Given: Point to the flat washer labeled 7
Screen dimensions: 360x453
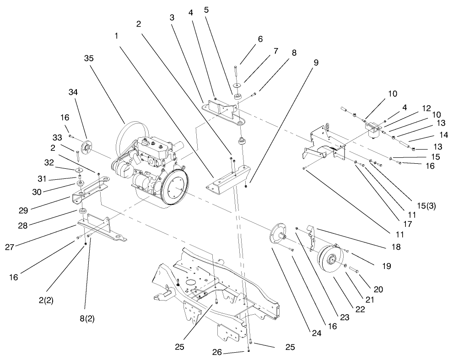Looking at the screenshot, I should tap(237, 86).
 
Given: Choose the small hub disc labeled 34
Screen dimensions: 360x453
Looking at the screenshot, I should tap(85, 147).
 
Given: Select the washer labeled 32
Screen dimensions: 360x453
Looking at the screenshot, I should tap(80, 170).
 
